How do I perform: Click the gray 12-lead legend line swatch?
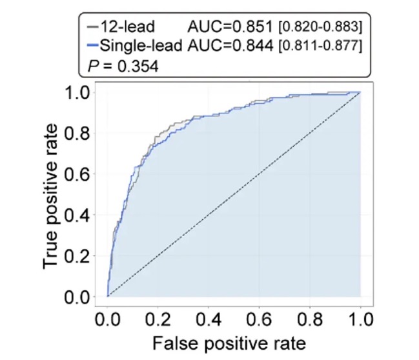click(93, 26)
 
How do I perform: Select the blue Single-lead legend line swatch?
click(93, 45)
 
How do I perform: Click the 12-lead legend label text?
click(127, 26)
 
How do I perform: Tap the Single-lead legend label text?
click(141, 45)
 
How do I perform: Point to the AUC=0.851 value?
click(230, 26)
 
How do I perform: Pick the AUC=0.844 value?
click(230, 45)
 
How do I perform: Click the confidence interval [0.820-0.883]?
click(320, 26)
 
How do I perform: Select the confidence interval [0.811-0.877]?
click(320, 46)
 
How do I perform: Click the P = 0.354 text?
click(123, 66)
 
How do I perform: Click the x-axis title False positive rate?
click(229, 343)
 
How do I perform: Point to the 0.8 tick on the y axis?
click(77, 133)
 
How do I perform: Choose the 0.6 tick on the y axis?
click(77, 174)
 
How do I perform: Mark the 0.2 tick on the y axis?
click(77, 256)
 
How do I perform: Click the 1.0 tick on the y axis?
click(77, 92)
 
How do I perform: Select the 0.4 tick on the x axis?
click(209, 319)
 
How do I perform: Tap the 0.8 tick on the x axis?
click(310, 319)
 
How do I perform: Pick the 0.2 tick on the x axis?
click(158, 319)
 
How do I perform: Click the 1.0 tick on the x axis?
click(361, 319)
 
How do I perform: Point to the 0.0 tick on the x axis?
click(107, 319)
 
